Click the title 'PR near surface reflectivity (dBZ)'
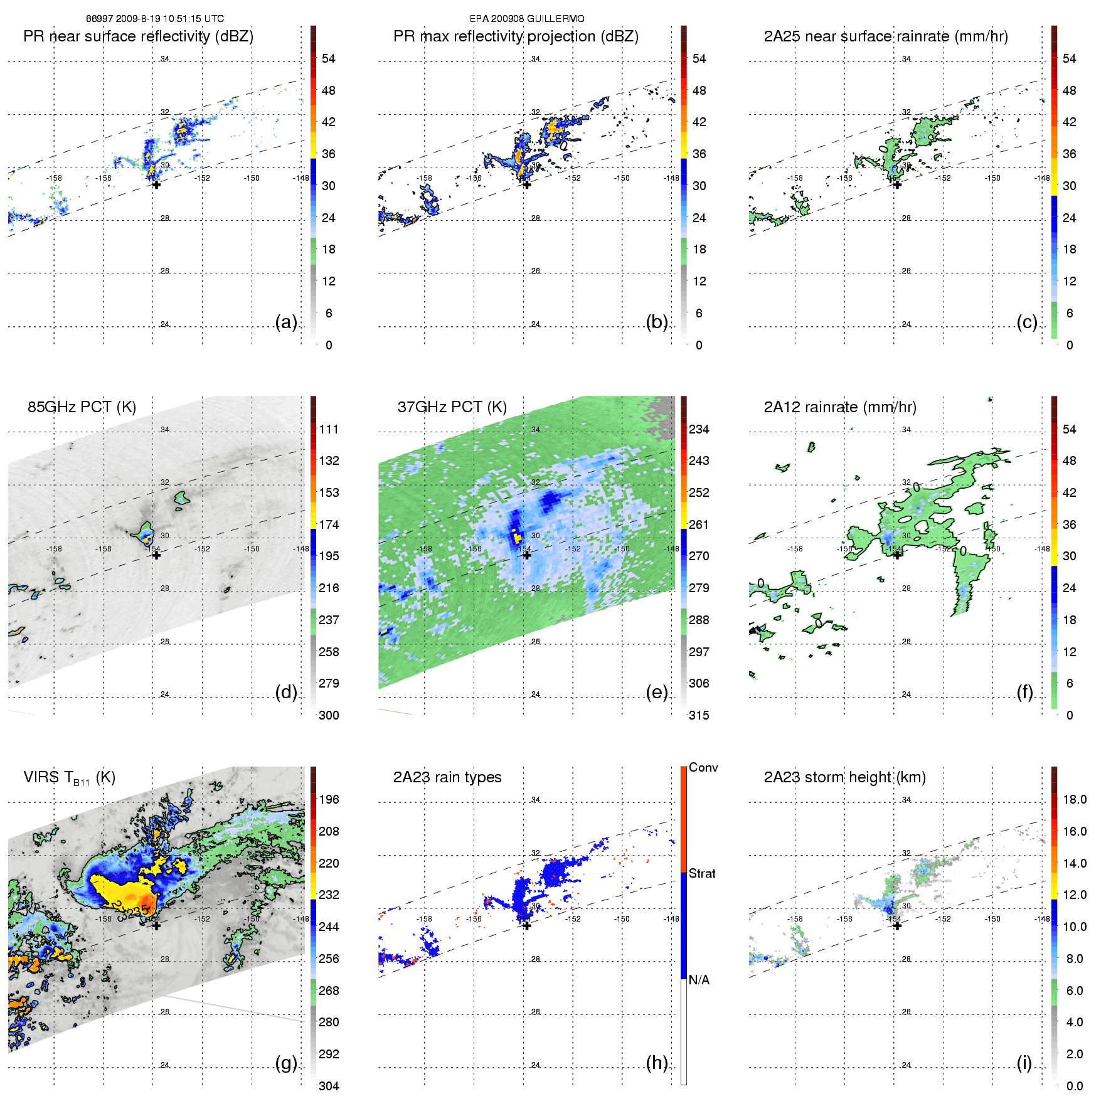pyautogui.click(x=138, y=36)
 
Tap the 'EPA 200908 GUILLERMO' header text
pyautogui.click(x=527, y=19)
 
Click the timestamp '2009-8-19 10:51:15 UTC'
pyautogui.click(x=169, y=19)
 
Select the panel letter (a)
pyautogui.click(x=286, y=322)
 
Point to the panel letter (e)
pyautogui.click(x=657, y=692)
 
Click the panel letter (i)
pyautogui.click(x=1024, y=1063)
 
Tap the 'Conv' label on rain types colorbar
pyautogui.click(x=703, y=767)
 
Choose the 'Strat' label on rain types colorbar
pyautogui.click(x=702, y=873)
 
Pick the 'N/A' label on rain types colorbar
pyautogui.click(x=699, y=980)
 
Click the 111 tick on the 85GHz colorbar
pyautogui.click(x=329, y=429)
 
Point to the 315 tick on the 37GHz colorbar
pyautogui.click(x=699, y=715)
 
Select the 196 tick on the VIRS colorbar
pyautogui.click(x=329, y=799)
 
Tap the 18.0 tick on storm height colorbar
pyautogui.click(x=1075, y=799)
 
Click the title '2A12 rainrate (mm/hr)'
pyautogui.click(x=840, y=407)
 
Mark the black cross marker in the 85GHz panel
pyautogui.click(x=156, y=555)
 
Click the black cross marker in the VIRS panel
pyautogui.click(x=156, y=925)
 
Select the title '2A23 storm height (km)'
pyautogui.click(x=844, y=777)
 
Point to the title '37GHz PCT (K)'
pyautogui.click(x=452, y=407)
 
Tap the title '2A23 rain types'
pyautogui.click(x=447, y=777)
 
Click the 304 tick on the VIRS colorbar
pyautogui.click(x=329, y=1086)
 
